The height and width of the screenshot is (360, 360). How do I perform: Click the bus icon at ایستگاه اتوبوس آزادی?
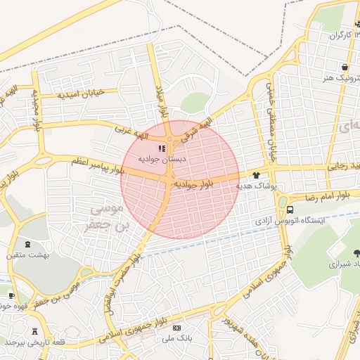(290, 210)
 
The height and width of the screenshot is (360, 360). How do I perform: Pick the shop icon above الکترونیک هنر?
(345, 67)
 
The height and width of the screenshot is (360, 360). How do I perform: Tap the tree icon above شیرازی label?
(356, 253)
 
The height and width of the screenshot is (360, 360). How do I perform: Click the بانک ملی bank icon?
(176, 328)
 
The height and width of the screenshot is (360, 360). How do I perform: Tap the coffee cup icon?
(11, 296)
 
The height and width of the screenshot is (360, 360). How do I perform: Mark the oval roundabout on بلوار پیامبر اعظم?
(44, 161)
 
